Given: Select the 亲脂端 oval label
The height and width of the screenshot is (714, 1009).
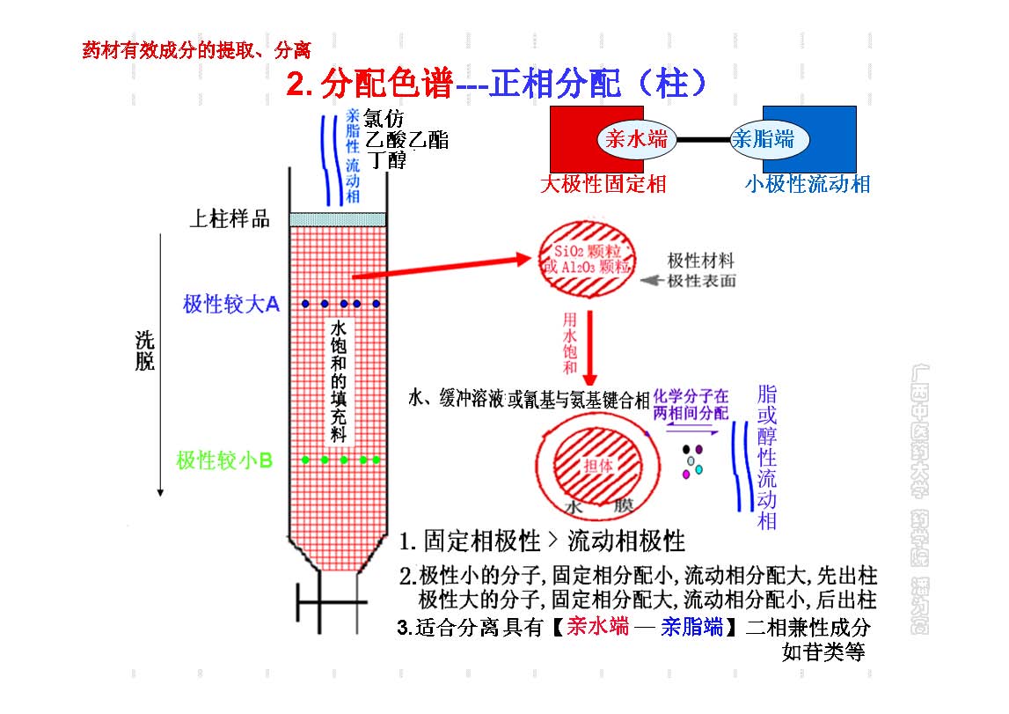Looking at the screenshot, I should (x=764, y=138).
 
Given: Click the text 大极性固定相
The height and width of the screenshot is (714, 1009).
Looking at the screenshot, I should (x=603, y=184).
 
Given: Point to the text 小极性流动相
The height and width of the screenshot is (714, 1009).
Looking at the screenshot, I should (x=807, y=184).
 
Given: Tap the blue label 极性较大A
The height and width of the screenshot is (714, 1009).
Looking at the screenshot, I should (x=230, y=305).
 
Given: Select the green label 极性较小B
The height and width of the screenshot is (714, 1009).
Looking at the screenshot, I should (x=224, y=460).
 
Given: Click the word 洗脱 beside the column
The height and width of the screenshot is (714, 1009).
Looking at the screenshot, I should (x=144, y=350).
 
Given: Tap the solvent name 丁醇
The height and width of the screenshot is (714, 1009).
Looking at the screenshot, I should (x=386, y=159).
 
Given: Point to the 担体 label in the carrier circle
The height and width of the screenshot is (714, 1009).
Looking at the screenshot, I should (x=597, y=466).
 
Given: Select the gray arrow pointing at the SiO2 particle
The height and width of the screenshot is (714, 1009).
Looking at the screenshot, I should (x=653, y=282).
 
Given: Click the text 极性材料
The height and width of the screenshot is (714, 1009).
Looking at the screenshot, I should (x=700, y=261).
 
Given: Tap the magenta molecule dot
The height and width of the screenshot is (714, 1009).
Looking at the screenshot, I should (x=685, y=475).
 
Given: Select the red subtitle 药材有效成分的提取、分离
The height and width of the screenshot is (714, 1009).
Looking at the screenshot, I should (x=195, y=50).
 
